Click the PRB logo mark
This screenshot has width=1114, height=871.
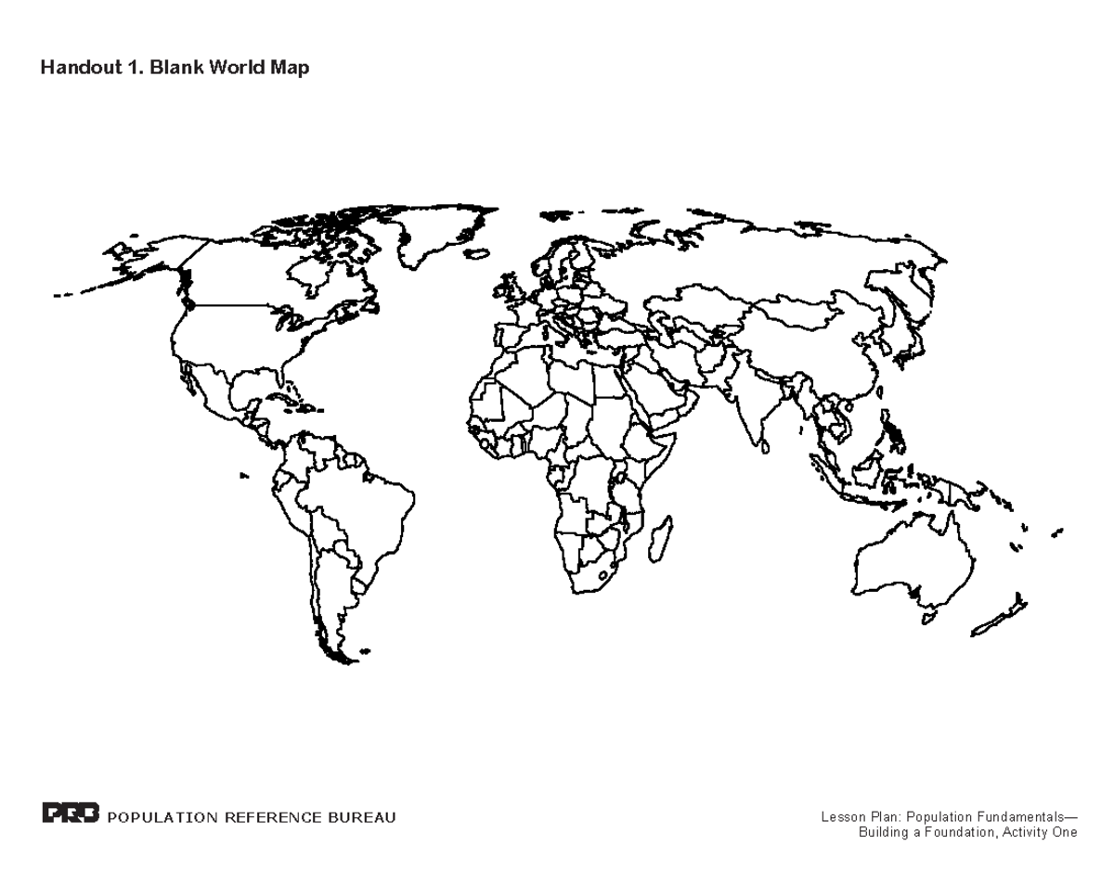pyautogui.click(x=71, y=815)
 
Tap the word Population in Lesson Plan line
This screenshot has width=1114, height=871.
pyautogui.click(x=937, y=817)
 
